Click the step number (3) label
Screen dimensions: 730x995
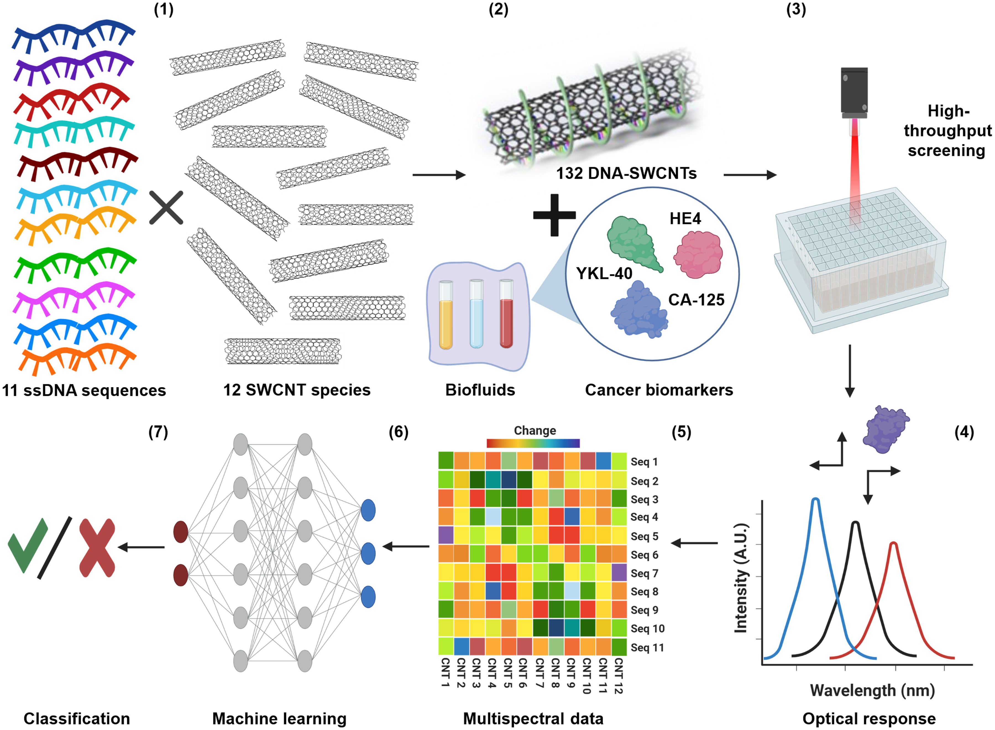tap(796, 9)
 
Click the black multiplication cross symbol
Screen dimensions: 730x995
tap(166, 208)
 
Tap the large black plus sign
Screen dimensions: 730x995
tap(554, 215)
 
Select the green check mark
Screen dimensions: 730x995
tap(27, 545)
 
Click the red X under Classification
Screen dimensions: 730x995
tap(97, 548)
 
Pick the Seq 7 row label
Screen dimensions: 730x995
tap(644, 574)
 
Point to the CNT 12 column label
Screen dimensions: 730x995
tap(619, 676)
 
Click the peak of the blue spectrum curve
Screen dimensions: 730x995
tap(816, 500)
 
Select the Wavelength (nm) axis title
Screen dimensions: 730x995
tap(872, 690)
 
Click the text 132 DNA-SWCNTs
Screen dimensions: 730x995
tap(626, 173)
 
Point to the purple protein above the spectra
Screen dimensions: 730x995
tap(885, 429)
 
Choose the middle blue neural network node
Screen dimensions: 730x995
tap(368, 554)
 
